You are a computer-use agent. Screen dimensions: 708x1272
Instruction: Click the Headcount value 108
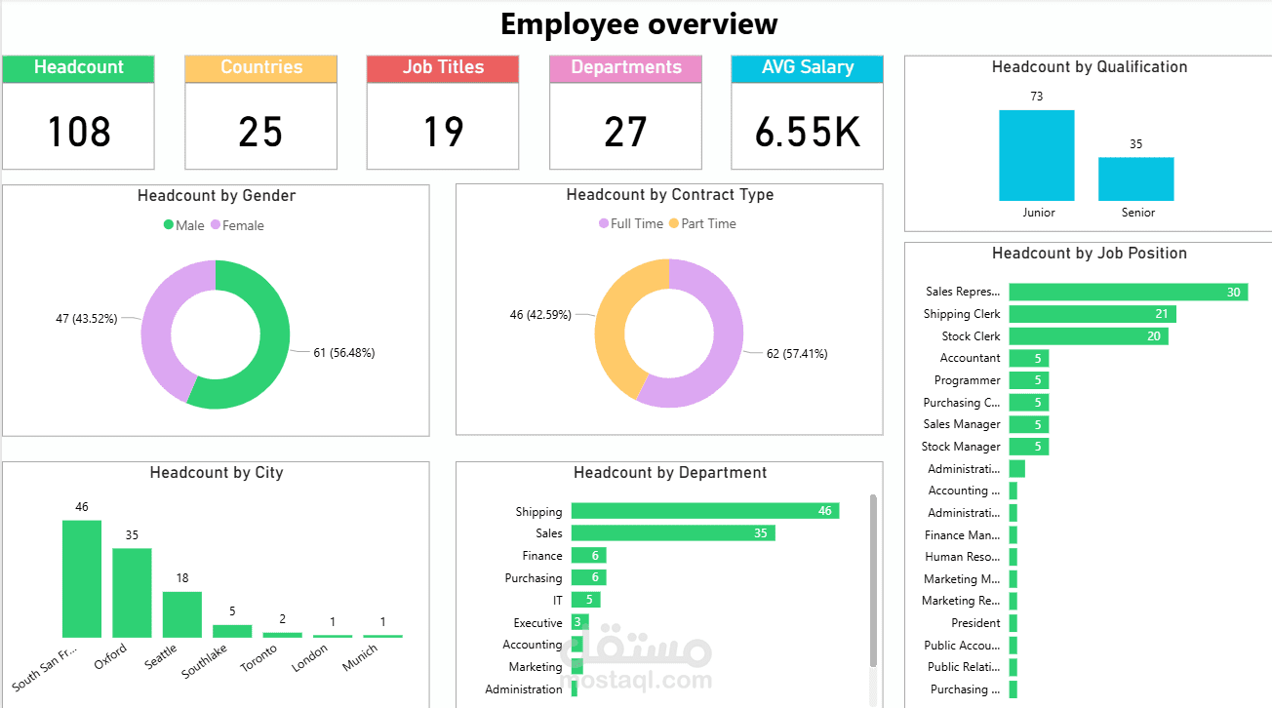tap(79, 132)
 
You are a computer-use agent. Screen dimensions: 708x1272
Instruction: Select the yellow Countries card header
tap(260, 68)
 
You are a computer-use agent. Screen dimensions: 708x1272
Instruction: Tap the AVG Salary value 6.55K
tap(807, 132)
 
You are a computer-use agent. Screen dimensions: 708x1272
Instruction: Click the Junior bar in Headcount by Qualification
tap(1036, 156)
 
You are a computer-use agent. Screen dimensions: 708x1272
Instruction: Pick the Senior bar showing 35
tap(1135, 179)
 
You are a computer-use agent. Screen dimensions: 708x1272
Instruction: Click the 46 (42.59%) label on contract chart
tap(540, 315)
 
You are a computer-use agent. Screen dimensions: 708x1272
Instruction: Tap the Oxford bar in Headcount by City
tap(132, 593)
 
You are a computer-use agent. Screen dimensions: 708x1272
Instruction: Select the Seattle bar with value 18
tap(182, 614)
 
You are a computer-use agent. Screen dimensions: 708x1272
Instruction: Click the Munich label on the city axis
tap(360, 657)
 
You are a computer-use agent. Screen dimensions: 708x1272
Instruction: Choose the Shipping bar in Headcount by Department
tap(704, 511)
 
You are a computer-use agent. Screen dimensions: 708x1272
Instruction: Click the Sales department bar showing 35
tap(672, 533)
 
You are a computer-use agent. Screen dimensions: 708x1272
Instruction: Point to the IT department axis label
tap(557, 601)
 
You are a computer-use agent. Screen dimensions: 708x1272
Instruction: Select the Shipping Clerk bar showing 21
tap(1092, 314)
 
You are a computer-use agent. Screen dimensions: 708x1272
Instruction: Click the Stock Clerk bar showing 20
tap(1088, 336)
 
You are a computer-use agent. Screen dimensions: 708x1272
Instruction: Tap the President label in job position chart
tap(975, 623)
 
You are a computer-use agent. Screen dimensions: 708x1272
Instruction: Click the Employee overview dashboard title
tap(639, 23)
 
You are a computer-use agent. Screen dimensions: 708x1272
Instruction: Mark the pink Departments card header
tap(625, 68)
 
